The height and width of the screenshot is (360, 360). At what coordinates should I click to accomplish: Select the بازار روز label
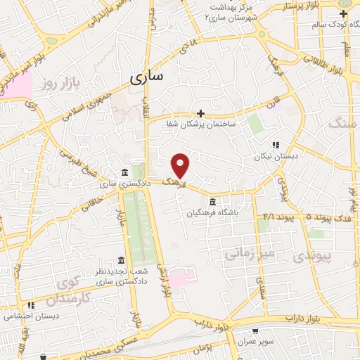tap(58, 84)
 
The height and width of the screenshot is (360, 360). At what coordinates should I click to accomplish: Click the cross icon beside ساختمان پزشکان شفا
tap(201, 112)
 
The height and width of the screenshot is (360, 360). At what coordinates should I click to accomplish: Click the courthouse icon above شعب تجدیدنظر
tap(121, 260)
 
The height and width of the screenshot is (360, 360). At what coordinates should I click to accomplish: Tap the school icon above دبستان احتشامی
tap(30, 306)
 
